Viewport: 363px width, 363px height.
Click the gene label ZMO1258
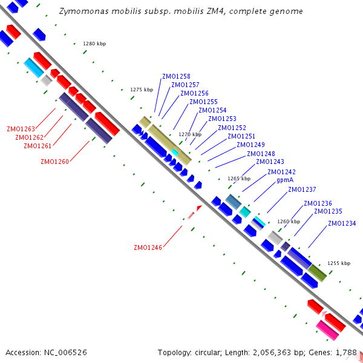click(176, 77)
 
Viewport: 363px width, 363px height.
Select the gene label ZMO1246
click(148, 247)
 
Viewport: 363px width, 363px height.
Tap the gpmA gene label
click(285, 180)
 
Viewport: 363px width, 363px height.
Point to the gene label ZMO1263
click(21, 129)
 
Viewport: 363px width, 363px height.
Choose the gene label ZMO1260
click(54, 162)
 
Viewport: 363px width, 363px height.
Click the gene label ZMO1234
click(342, 224)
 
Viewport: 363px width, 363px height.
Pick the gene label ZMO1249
click(250, 145)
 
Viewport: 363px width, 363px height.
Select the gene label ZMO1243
click(270, 162)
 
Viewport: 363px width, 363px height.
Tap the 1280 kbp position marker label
click(94, 44)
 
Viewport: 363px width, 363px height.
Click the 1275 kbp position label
click(142, 90)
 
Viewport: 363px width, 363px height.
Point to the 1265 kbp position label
click(238, 179)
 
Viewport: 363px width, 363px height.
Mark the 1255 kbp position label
click(339, 264)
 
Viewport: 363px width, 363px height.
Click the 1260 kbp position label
click(289, 221)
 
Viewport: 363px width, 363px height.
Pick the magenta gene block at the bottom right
click(327, 330)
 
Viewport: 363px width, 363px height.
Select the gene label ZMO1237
click(302, 190)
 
